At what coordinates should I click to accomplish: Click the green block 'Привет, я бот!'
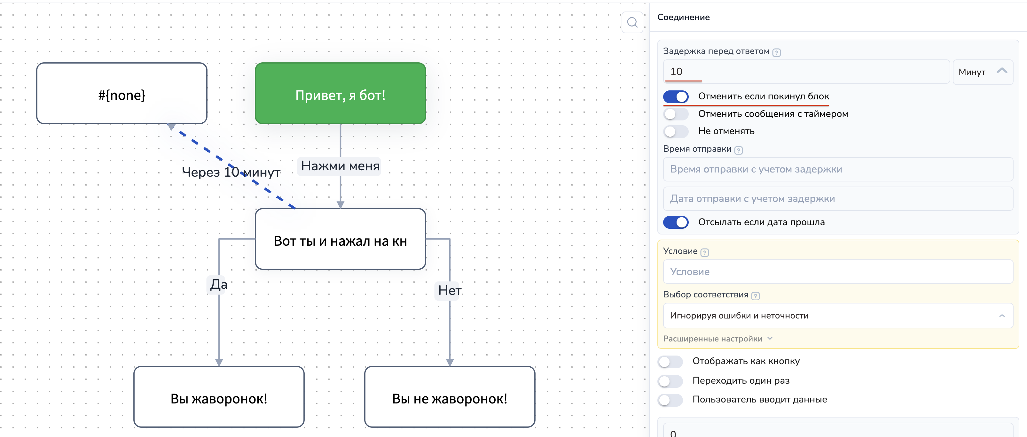coord(340,93)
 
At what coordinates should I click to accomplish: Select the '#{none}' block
coord(122,93)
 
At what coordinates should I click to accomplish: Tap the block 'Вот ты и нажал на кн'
coord(340,239)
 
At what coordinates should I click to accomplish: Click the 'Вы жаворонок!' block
coord(219,397)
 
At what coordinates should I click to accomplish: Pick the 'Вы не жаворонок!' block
coord(450,397)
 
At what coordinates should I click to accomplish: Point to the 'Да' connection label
coord(218,284)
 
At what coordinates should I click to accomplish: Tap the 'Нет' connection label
coord(449,290)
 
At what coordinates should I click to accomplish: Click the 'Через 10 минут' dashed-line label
coord(231,172)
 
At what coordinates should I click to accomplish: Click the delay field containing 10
coord(805,72)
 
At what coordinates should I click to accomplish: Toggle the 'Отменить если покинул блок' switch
coord(676,96)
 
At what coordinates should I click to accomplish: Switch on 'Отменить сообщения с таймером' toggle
coord(676,114)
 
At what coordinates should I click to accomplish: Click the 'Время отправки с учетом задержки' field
coord(837,169)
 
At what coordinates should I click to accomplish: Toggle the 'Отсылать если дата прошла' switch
coord(676,222)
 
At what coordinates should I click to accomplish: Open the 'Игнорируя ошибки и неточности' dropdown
coord(837,316)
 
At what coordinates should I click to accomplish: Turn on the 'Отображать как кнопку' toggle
coord(670,361)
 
